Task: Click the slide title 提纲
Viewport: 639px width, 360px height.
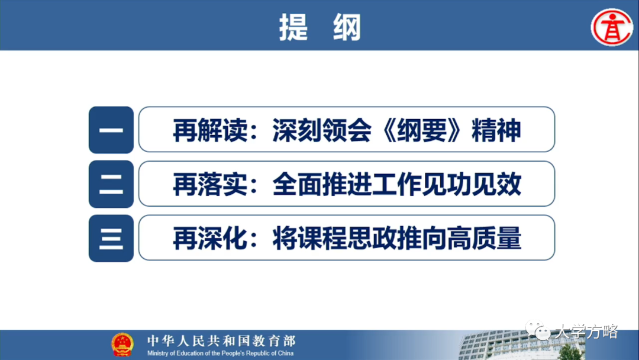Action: [319, 27]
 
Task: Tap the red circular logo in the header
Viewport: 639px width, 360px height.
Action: [612, 26]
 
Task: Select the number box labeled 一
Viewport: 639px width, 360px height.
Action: [111, 130]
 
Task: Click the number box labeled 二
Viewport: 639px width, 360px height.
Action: [111, 184]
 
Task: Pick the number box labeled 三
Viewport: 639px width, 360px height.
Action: [111, 238]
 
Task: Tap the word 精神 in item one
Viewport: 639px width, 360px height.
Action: [496, 130]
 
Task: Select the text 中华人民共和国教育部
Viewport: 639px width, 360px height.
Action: [221, 341]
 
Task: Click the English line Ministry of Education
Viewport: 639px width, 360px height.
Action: [221, 353]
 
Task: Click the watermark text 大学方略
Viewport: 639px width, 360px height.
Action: [586, 332]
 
